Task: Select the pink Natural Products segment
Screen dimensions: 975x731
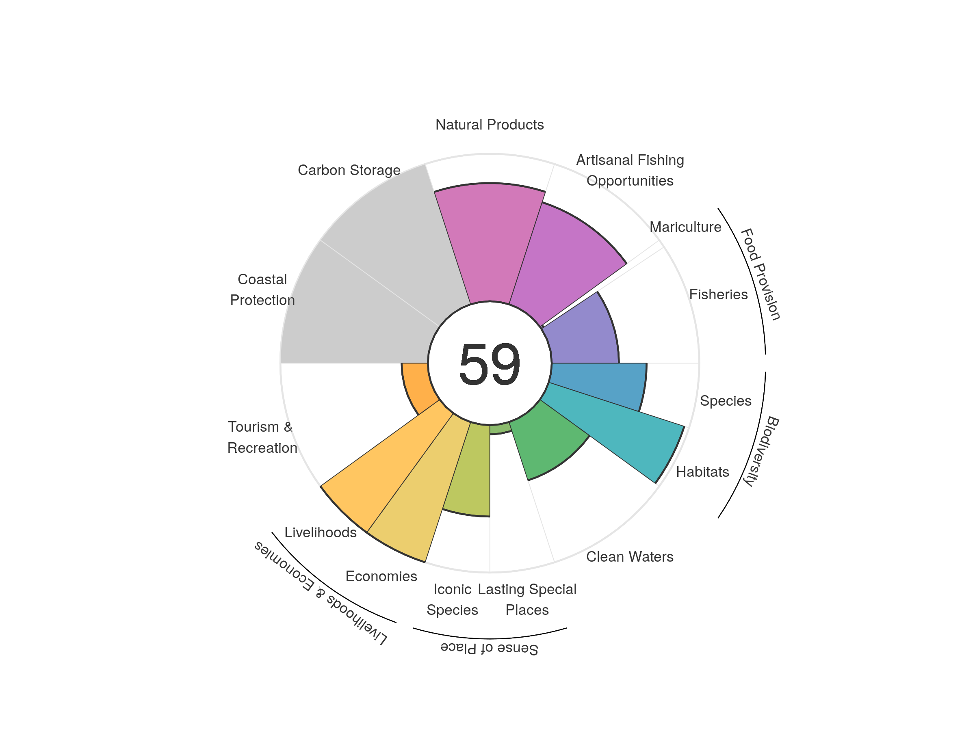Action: (490, 242)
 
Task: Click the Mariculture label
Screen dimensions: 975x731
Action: (685, 227)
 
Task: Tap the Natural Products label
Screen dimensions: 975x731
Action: (489, 125)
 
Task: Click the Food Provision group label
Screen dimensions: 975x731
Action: (760, 274)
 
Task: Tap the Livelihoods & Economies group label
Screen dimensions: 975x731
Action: (321, 593)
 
